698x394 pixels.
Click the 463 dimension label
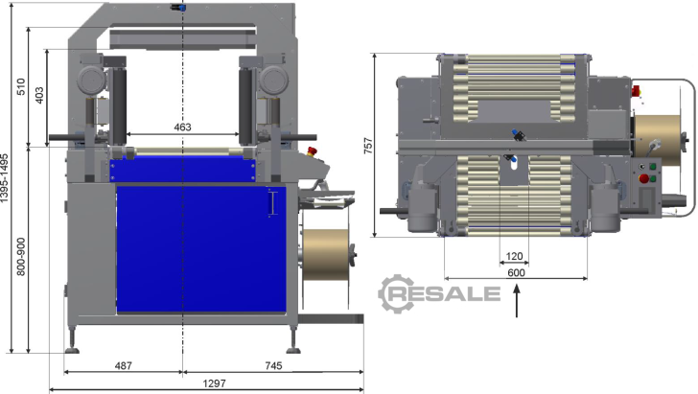[182, 127]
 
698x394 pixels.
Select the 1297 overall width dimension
[214, 383]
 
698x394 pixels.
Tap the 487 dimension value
[124, 365]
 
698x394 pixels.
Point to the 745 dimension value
[273, 365]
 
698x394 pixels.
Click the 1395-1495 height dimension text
[5, 178]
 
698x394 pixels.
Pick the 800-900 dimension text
[21, 257]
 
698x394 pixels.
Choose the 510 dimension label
[21, 87]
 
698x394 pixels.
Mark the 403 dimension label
[39, 96]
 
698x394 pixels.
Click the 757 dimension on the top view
[368, 146]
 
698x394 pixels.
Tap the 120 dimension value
[514, 256]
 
